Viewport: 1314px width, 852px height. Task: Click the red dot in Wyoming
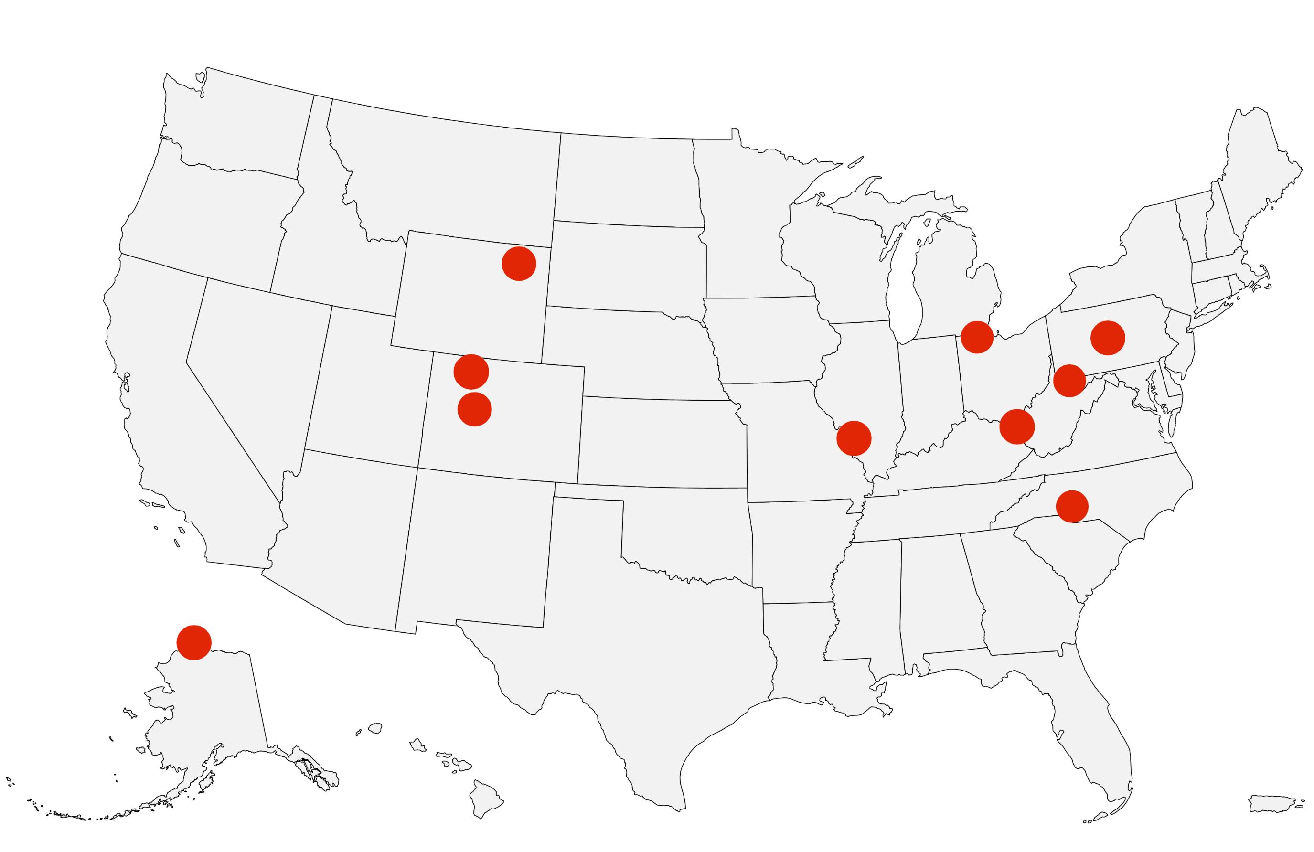click(518, 264)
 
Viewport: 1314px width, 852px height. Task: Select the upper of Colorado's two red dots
click(471, 372)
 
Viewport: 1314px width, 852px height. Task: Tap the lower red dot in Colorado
click(475, 409)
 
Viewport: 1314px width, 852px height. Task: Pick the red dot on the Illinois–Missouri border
click(854, 438)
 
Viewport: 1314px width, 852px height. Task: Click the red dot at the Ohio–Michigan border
click(977, 337)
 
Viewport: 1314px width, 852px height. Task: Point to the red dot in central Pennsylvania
click(1108, 338)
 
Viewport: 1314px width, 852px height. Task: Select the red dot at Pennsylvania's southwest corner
click(1069, 381)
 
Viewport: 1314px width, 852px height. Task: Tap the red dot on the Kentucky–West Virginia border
click(1016, 426)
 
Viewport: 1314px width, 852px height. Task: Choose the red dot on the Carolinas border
click(1072, 506)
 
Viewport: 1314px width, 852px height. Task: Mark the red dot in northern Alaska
click(194, 643)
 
